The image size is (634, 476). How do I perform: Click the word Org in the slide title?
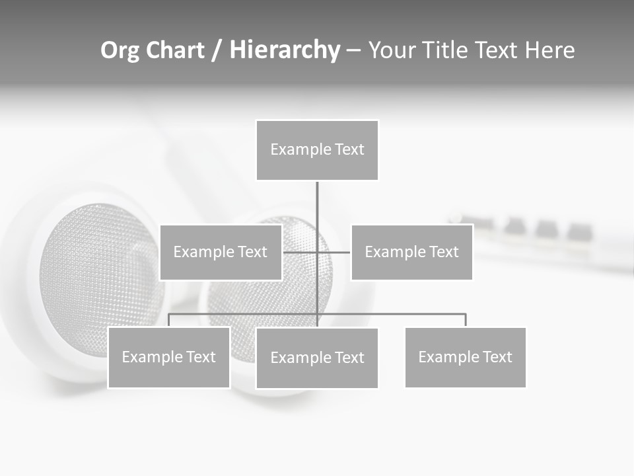pos(120,50)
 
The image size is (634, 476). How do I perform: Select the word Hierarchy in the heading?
pos(285,50)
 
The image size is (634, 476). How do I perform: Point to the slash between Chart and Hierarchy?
pos(217,51)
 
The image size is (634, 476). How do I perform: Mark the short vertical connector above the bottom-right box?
pos(466,320)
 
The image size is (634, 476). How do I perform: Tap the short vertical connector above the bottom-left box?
pos(169,320)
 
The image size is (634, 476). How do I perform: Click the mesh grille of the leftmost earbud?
pos(99,271)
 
